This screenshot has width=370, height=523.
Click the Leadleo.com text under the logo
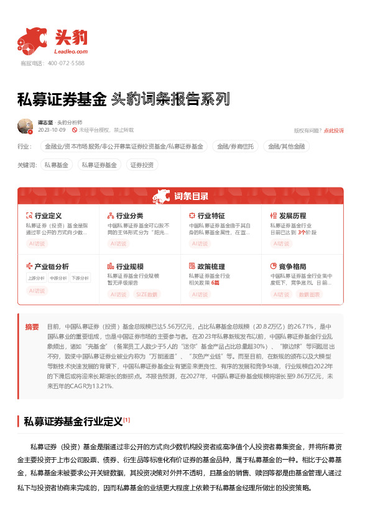click(x=72, y=52)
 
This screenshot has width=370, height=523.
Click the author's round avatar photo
click(x=25, y=126)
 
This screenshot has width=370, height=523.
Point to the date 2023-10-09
click(x=52, y=130)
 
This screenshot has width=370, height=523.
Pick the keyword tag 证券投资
click(x=142, y=165)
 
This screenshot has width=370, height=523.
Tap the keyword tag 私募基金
click(x=56, y=165)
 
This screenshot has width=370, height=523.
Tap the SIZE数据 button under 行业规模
click(x=147, y=294)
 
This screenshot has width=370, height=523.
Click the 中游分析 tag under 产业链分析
click(x=58, y=278)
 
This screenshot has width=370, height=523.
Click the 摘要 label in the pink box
click(x=32, y=326)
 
